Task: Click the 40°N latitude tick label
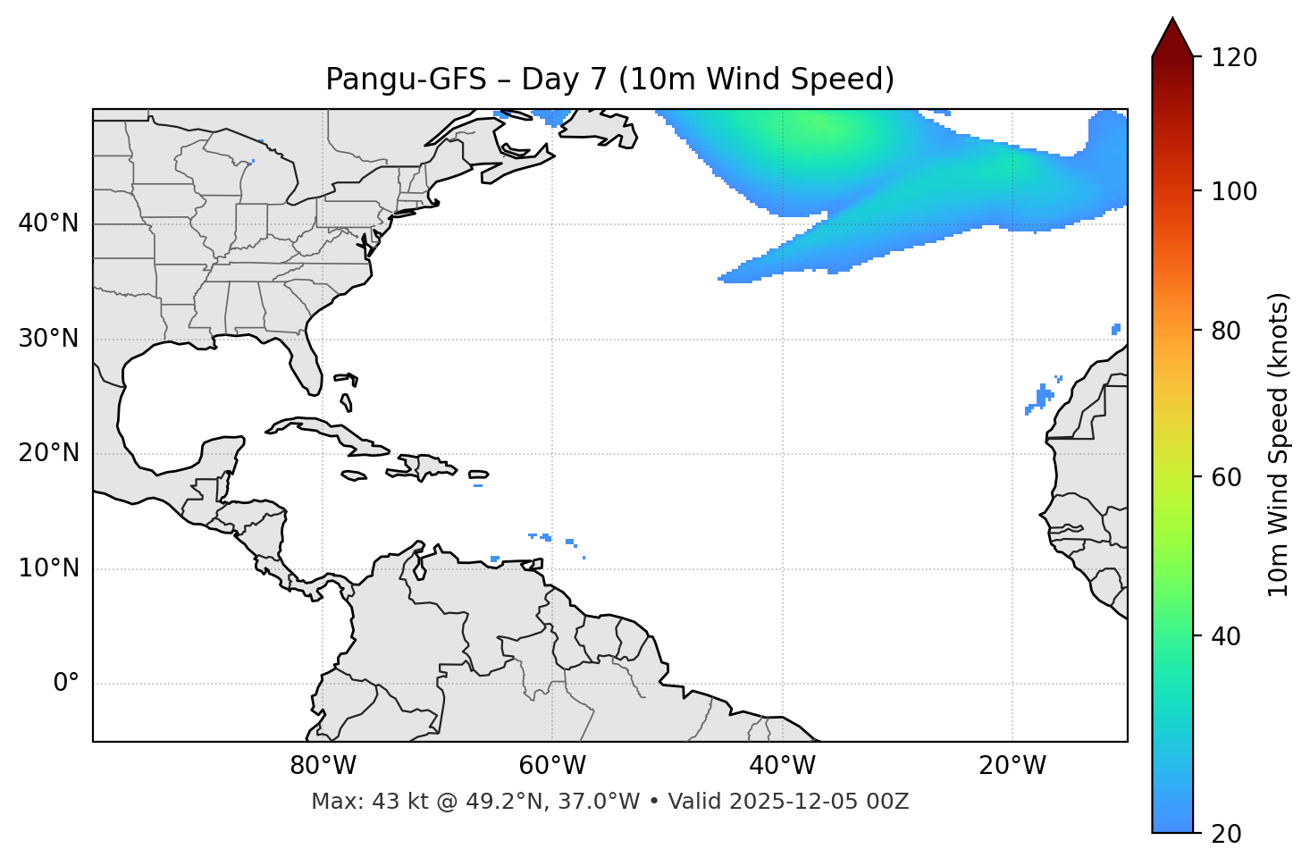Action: point(48,223)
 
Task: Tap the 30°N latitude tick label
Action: point(48,339)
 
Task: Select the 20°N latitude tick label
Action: point(48,453)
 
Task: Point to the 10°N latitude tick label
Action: point(48,568)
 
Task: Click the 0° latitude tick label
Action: point(66,684)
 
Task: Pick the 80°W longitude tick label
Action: point(323,766)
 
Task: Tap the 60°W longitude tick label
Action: point(552,766)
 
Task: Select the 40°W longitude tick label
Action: point(782,766)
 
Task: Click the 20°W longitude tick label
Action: point(1012,766)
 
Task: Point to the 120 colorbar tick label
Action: point(1234,57)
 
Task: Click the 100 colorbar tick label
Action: point(1234,191)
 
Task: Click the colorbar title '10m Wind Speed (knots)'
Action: point(1279,444)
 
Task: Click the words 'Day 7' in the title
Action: point(563,80)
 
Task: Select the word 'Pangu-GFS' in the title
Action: point(406,80)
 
